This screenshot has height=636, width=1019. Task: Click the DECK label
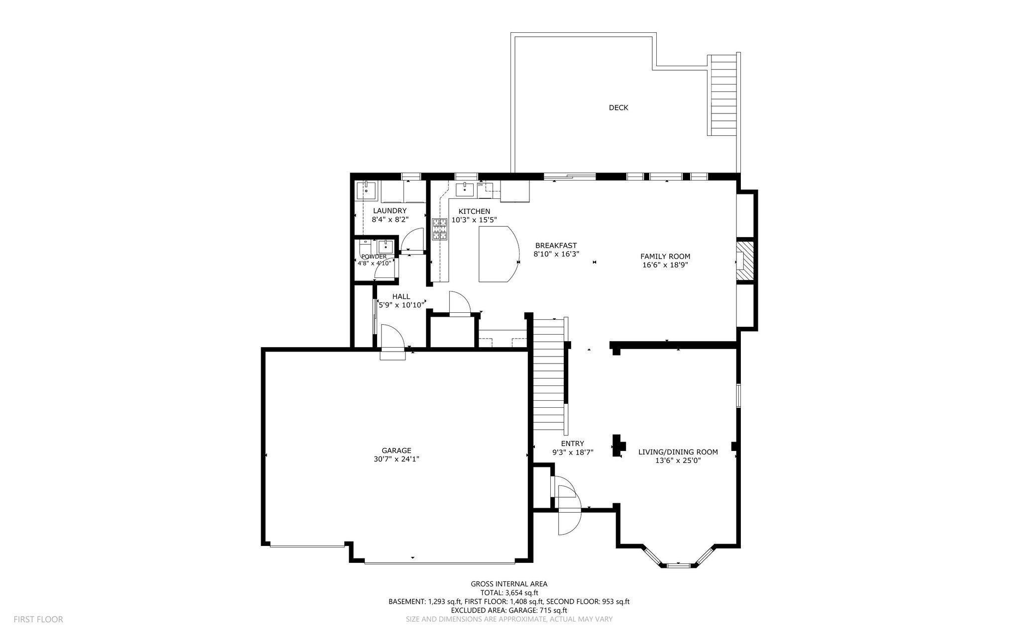(618, 107)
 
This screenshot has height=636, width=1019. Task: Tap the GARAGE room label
(397, 451)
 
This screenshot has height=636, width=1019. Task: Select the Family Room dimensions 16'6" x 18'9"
(665, 265)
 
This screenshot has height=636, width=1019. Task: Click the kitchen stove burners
(440, 229)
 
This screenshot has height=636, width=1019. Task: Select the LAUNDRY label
(390, 211)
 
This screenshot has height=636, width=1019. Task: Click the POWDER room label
(374, 257)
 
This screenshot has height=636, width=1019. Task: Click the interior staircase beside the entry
(549, 375)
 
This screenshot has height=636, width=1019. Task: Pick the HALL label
(401, 296)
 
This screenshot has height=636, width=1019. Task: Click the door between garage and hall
(393, 338)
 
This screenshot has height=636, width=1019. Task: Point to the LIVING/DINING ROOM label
(678, 452)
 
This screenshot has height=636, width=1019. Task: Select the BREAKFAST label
(556, 245)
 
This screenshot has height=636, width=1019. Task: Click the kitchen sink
(465, 189)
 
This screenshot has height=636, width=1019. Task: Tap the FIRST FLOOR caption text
(38, 619)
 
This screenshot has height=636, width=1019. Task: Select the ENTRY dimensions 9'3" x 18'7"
(572, 452)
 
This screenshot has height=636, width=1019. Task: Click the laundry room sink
(366, 189)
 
